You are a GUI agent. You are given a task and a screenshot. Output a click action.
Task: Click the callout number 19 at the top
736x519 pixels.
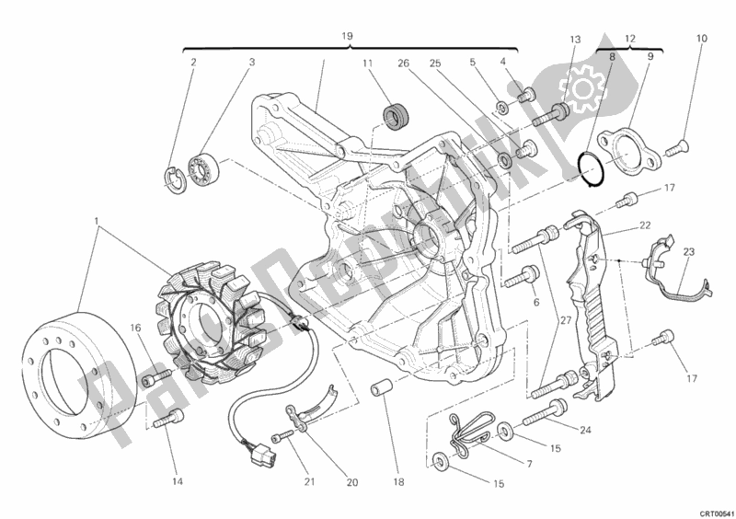point(348,36)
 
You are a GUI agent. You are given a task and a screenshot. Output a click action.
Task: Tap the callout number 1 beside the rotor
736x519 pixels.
point(97,221)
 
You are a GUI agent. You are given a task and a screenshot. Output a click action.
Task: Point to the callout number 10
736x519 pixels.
point(701,39)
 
